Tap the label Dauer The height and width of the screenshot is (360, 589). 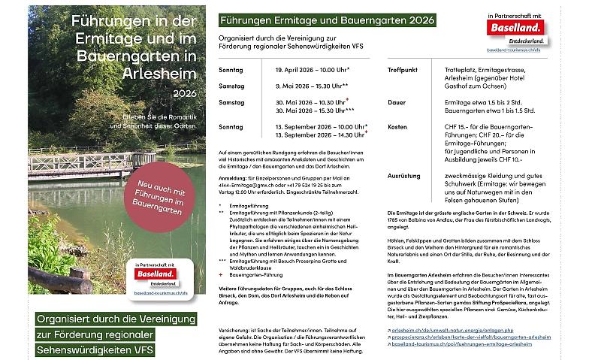click(396, 101)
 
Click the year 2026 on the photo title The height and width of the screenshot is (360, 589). click(184, 94)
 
